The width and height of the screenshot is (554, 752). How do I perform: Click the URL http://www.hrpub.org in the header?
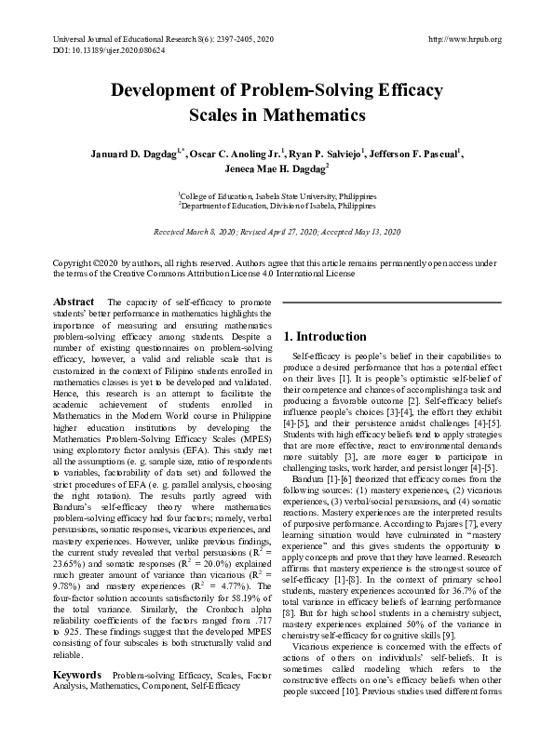click(463, 39)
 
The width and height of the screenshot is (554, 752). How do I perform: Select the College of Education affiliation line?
click(277, 196)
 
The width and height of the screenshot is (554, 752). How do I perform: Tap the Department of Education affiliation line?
click(277, 207)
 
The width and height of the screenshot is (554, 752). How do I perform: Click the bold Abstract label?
click(74, 302)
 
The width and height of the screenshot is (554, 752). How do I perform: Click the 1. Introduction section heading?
click(325, 336)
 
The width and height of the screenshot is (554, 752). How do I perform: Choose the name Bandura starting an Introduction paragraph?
click(308, 479)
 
